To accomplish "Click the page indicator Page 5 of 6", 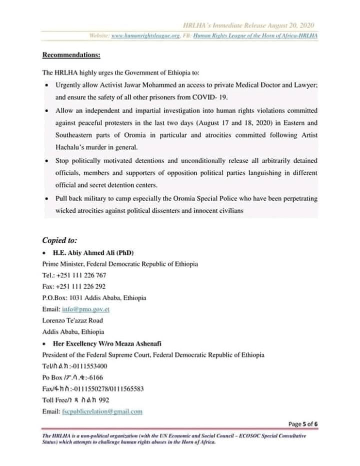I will [303, 424].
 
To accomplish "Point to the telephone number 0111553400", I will [89, 366].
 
